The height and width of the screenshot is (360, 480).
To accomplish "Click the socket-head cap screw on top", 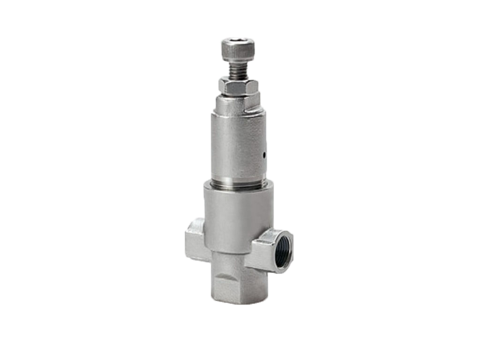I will [238, 49].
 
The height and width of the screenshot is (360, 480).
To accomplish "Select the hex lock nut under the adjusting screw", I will [238, 86].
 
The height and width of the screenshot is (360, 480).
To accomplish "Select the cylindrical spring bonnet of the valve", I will [238, 141].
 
